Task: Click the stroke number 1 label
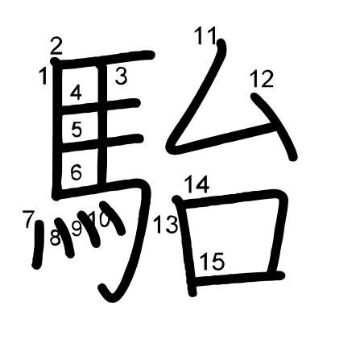click(x=43, y=76)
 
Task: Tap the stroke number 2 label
click(x=56, y=46)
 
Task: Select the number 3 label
click(x=121, y=77)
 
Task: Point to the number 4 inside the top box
click(x=76, y=93)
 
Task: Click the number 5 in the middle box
click(x=77, y=129)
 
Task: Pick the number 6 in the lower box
click(x=76, y=172)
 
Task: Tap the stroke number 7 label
click(x=28, y=219)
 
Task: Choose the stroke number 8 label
click(x=56, y=238)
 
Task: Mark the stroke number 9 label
click(x=77, y=229)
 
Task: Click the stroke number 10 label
click(x=99, y=220)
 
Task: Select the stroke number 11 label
click(x=205, y=35)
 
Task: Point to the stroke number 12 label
click(x=262, y=79)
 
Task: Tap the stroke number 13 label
click(x=166, y=224)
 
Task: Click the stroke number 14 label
click(x=197, y=184)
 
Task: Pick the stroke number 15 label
click(x=212, y=262)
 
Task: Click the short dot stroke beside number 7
click(x=38, y=244)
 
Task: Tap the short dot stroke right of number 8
click(x=65, y=238)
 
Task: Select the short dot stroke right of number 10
click(x=112, y=218)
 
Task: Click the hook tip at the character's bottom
click(x=101, y=288)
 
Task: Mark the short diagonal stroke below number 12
click(x=275, y=126)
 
